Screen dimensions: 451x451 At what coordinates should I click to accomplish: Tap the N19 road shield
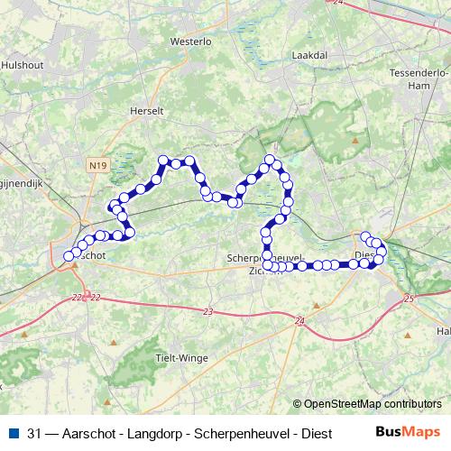98,165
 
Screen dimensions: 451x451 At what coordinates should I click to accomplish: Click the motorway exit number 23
209,312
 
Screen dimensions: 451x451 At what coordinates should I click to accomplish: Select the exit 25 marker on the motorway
409,298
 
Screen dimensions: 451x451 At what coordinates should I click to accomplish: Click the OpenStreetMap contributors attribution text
373,405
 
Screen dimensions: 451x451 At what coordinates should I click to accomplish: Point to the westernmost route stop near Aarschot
69,256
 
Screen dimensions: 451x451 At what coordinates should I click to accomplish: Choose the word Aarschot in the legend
80,432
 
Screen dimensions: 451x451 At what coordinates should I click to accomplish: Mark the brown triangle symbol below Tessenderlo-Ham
355,140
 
